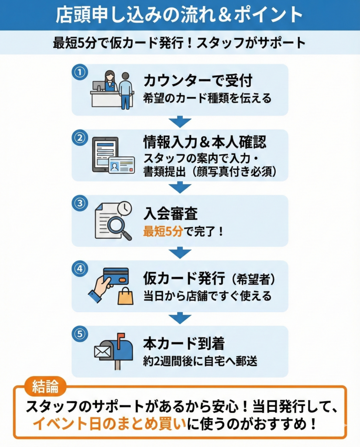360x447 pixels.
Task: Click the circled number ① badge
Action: pyautogui.click(x=80, y=72)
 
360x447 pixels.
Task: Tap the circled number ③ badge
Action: pyautogui.click(x=80, y=203)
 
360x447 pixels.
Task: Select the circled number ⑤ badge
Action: pyautogui.click(x=80, y=334)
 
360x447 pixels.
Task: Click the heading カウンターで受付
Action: pyautogui.click(x=198, y=80)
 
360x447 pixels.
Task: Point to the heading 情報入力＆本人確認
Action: pyautogui.click(x=205, y=142)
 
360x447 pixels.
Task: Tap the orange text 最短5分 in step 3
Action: pyautogui.click(x=163, y=231)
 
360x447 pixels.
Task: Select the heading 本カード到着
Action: pyautogui.click(x=184, y=344)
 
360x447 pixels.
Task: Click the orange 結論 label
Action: pyautogui.click(x=45, y=387)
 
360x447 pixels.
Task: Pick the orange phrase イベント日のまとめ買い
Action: pyautogui.click(x=109, y=424)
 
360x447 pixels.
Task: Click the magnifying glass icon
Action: pyautogui.click(x=118, y=227)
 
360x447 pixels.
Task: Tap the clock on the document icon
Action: pyautogui.click(x=124, y=208)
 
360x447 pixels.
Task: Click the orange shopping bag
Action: pyautogui.click(x=126, y=296)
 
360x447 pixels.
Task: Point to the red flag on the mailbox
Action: pyautogui.click(x=121, y=337)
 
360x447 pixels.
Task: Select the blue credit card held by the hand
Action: pyautogui.click(x=116, y=276)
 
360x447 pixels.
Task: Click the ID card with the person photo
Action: pyautogui.click(x=121, y=165)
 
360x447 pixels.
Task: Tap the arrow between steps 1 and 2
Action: pyautogui.click(x=180, y=122)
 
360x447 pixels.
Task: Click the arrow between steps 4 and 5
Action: pyautogui.click(x=180, y=318)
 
